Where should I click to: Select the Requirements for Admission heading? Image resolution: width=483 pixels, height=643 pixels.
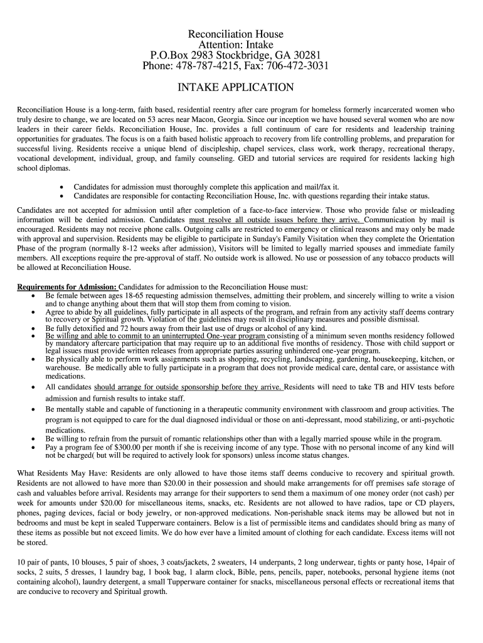pyautogui.click(x=62, y=287)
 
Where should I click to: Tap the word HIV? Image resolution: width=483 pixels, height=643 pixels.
pyautogui.click(x=398, y=387)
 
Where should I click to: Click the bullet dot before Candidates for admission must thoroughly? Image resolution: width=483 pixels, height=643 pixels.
pyautogui.click(x=61, y=187)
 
